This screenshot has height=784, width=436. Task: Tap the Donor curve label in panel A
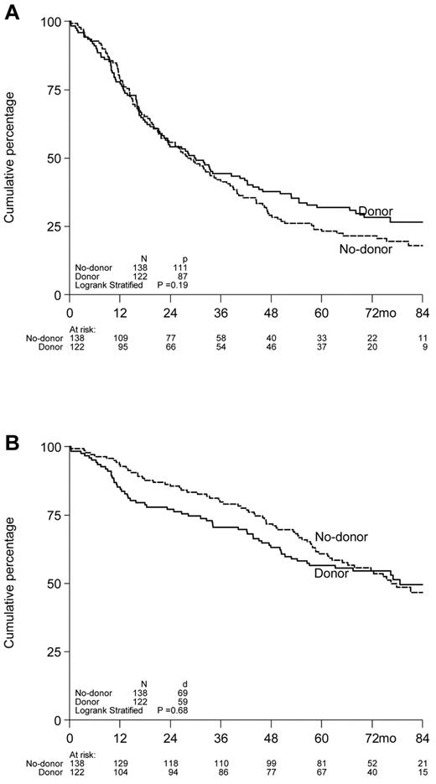point(376,211)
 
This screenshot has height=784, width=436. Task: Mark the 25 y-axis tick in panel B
point(52,652)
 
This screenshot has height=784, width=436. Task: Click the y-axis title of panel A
point(12,158)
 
